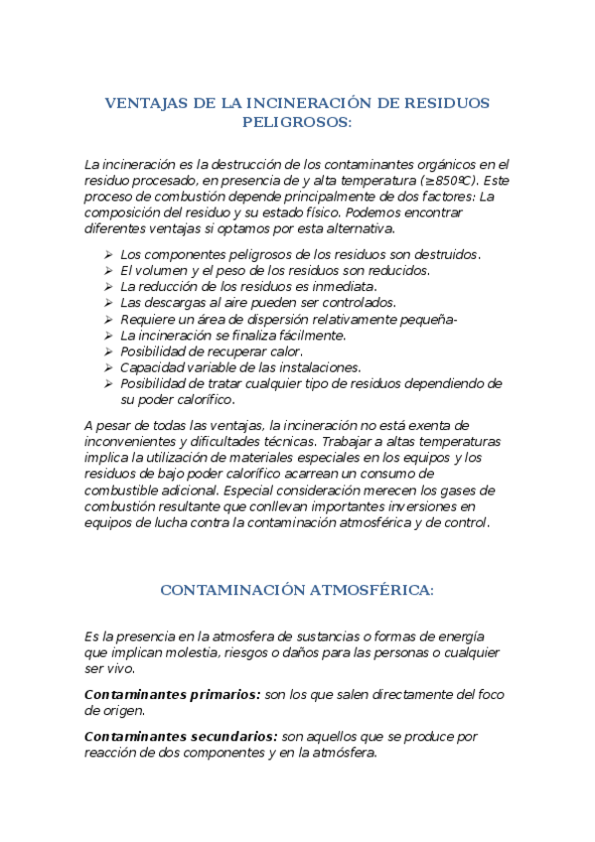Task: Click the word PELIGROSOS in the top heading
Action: [297, 122]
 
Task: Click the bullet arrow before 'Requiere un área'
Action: [109, 319]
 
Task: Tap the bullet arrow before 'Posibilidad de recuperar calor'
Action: [109, 351]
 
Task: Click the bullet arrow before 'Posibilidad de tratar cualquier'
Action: [109, 383]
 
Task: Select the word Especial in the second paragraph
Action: [251, 491]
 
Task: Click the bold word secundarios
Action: [231, 737]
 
